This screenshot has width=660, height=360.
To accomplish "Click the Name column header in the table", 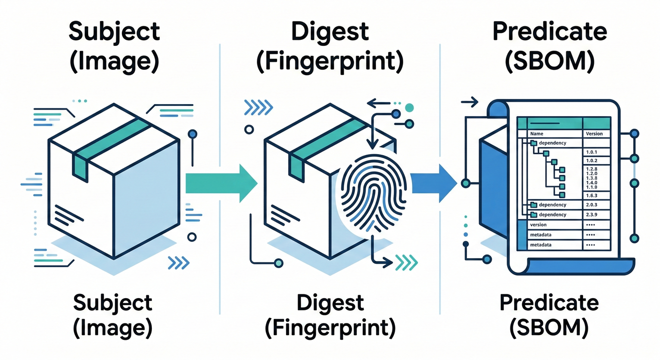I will [x=536, y=134].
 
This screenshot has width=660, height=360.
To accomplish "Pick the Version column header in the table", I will [x=594, y=134].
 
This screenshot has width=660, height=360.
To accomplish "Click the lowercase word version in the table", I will [x=538, y=225].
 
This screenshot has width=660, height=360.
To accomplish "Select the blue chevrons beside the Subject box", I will [x=178, y=262].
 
